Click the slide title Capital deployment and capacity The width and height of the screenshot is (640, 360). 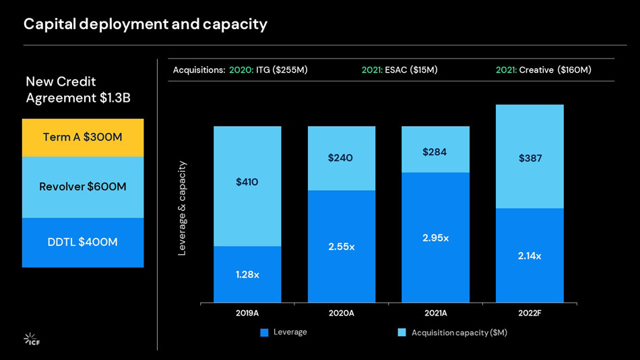coord(146,24)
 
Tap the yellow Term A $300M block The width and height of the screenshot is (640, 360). coord(83,138)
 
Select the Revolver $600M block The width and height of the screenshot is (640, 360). coord(83,187)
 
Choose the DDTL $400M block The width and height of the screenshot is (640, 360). coord(83,242)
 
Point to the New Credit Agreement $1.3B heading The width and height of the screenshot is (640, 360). coord(78,90)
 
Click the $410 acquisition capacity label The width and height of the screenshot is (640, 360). coord(247,182)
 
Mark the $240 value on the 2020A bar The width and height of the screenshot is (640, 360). coord(341,158)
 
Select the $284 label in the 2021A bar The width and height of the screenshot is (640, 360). coord(435,152)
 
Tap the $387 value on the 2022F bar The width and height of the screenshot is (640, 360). coord(530,158)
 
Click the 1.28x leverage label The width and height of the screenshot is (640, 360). coord(247,274)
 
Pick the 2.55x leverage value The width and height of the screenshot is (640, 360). coord(341,247)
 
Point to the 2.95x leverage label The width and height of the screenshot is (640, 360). coord(435,238)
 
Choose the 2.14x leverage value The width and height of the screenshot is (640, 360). coord(530,256)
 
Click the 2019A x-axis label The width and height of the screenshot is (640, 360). coord(247,313)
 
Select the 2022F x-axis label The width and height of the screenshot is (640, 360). coord(530,313)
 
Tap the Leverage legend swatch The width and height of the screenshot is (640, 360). coord(264,332)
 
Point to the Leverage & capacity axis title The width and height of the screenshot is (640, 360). coord(182,208)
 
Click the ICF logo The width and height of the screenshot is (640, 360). coord(32,339)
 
